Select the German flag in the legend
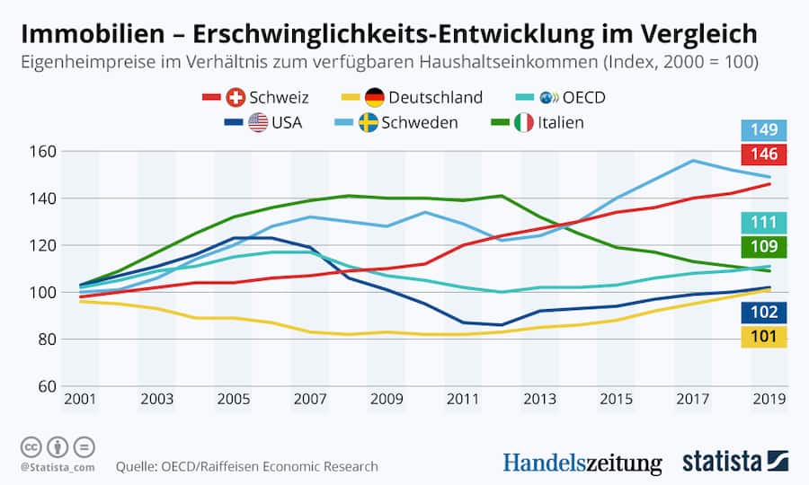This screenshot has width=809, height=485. click(x=375, y=98)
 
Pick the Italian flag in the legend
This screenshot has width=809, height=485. click(x=524, y=122)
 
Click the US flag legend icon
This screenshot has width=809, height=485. click(x=258, y=122)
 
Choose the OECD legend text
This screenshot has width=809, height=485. click(x=583, y=98)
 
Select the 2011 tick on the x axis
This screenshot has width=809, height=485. click(x=463, y=398)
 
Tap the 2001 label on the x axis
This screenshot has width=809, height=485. click(x=80, y=398)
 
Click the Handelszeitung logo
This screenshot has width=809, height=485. click(x=582, y=463)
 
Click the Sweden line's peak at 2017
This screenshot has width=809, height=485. click(x=693, y=161)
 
